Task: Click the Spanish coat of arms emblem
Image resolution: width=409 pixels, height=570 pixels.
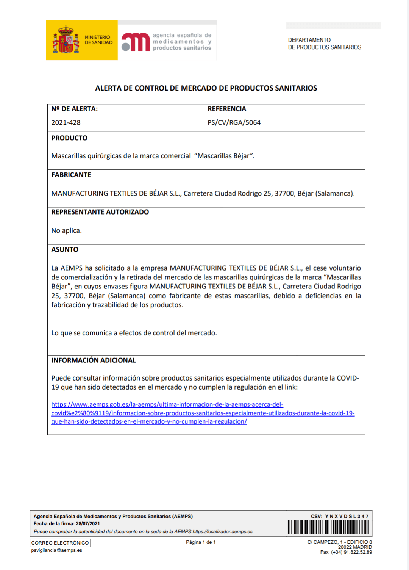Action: coord(66,40)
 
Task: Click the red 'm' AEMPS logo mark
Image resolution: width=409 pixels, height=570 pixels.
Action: coord(136,42)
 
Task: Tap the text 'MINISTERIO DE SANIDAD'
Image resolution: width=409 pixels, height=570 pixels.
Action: coord(98,40)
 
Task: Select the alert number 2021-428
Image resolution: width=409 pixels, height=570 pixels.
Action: coord(66,122)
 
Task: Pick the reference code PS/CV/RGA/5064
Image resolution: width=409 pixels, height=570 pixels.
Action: coord(234,122)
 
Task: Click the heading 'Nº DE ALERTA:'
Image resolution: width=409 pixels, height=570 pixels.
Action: coord(75,109)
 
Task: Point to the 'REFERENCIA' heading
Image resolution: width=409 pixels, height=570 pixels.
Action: coord(227,109)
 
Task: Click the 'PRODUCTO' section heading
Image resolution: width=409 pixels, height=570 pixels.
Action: coord(69,138)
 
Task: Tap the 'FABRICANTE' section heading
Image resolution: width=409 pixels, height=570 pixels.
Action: coord(71,175)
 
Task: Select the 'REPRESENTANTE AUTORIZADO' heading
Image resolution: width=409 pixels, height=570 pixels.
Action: coord(100,212)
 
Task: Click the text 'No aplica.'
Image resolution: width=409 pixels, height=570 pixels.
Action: coord(67,230)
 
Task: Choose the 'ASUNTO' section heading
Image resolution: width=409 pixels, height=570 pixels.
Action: coord(65,249)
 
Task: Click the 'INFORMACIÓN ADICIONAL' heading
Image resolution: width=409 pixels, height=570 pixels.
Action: coord(94,360)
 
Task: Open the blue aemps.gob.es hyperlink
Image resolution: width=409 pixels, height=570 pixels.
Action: coord(203,413)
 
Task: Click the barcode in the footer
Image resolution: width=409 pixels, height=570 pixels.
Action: coord(328,527)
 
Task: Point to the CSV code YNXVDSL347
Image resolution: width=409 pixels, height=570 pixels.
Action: coord(347,516)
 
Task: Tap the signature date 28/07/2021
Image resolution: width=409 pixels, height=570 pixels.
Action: coord(88,524)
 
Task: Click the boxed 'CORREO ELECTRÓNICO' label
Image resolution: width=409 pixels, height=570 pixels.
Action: coord(60,543)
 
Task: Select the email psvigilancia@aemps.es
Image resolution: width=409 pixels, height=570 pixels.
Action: coord(57,550)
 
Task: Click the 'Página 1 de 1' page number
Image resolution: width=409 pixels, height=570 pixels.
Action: coord(201,542)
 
